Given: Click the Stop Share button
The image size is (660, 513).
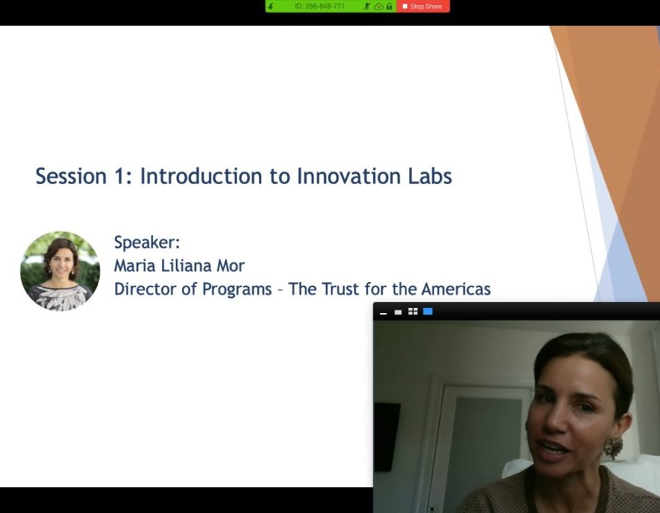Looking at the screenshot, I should click(422, 7).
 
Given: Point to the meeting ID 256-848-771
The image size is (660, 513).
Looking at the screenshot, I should click(320, 7).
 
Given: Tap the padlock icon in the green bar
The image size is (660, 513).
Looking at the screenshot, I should click(389, 7).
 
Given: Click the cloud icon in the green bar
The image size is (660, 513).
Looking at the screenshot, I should click(378, 7).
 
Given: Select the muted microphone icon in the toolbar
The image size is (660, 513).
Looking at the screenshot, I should click(367, 7).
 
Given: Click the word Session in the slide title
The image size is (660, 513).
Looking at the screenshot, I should click(70, 177).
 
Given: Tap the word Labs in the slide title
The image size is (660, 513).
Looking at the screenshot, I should click(430, 177).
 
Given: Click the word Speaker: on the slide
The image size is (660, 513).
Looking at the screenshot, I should click(147, 243).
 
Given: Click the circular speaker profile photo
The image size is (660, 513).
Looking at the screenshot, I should click(60, 271).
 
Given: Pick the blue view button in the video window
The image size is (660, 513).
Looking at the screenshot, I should click(428, 311).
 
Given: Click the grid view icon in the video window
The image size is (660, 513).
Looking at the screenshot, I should click(413, 311).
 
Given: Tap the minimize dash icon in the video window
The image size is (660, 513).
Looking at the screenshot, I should click(383, 313).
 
